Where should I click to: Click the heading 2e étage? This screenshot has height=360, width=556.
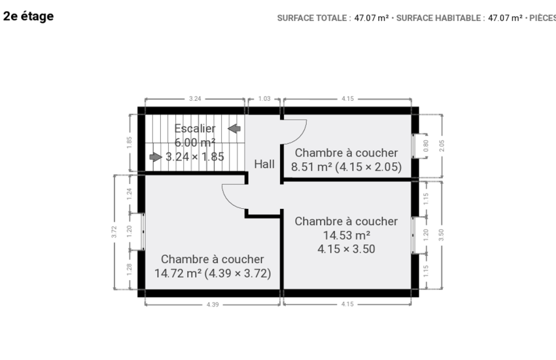coord(28,16)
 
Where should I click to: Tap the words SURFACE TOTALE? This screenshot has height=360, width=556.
coord(312,18)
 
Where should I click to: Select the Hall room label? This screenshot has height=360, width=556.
coord(264,164)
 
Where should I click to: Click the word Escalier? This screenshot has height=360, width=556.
coord(195,128)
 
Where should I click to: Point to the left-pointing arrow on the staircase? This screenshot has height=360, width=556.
coord(234,128)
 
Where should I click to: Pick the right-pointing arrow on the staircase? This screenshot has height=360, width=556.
coord(156,157)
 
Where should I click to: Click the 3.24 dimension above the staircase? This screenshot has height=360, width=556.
coord(195,99)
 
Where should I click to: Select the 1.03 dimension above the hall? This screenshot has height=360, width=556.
coord(264,99)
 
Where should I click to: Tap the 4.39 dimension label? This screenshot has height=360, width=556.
coord(213,304)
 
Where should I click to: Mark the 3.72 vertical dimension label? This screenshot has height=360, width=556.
coord(114,232)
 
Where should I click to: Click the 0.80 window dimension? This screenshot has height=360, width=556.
coord(426,146)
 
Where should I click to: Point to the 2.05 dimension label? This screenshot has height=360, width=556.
coord(442,146)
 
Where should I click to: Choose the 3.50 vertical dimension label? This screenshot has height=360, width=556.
coord(441,235)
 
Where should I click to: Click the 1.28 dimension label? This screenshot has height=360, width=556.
coord(129,269)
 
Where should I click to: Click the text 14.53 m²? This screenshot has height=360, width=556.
coord(347,235)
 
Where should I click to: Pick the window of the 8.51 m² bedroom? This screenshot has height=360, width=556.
coord(413,146)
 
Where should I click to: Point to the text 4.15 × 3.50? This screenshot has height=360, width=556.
coord(347,249)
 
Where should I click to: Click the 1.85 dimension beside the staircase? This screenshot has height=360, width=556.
coord(129,143)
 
